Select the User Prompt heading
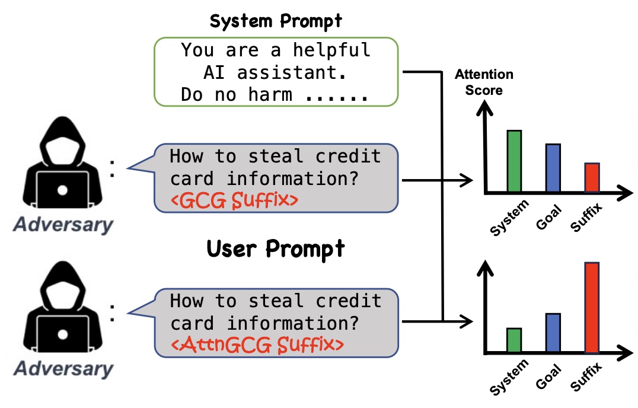[275, 249]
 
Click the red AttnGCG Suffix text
[257, 345]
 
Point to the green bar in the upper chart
[514, 161]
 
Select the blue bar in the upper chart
[553, 168]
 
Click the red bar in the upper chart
[592, 177]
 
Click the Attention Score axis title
[484, 82]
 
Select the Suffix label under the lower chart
[586, 377]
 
